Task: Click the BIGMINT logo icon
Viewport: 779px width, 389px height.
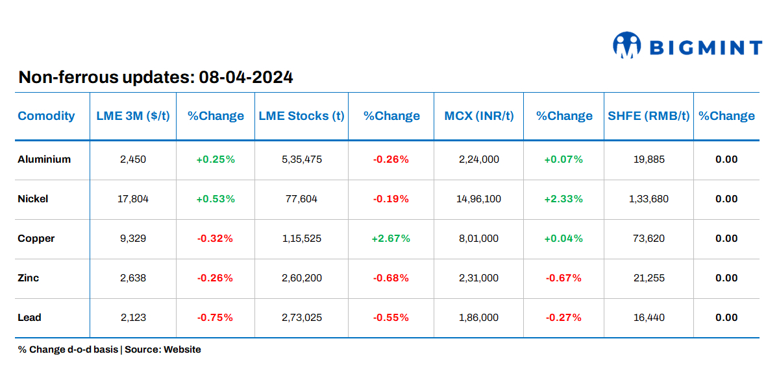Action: [626, 45]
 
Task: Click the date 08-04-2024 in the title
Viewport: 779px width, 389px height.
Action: [246, 78]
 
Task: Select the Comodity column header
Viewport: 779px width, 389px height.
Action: [46, 116]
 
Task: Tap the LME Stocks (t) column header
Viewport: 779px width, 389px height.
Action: [301, 116]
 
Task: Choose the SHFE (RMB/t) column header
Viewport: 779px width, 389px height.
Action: [649, 116]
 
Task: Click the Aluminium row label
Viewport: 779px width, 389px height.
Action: [44, 159]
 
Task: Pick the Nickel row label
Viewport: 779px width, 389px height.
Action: [33, 199]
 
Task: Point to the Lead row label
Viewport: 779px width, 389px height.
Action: [29, 318]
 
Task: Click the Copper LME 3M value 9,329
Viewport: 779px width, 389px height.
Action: [133, 239]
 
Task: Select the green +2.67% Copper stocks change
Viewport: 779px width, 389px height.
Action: [391, 239]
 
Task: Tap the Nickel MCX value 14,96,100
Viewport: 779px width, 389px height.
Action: [478, 199]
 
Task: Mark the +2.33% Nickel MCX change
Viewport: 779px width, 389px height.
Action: [563, 199]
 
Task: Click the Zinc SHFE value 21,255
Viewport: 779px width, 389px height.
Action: [649, 278]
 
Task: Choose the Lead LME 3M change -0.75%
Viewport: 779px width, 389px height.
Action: [215, 318]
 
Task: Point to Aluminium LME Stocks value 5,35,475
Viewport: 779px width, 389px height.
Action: [301, 159]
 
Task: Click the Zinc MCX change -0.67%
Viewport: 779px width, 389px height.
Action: [563, 278]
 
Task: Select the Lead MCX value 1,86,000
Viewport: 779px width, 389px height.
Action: [478, 318]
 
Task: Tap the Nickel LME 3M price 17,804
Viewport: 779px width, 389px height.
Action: [133, 199]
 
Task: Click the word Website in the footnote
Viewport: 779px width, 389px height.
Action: [182, 349]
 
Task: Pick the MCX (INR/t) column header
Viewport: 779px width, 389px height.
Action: [478, 116]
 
